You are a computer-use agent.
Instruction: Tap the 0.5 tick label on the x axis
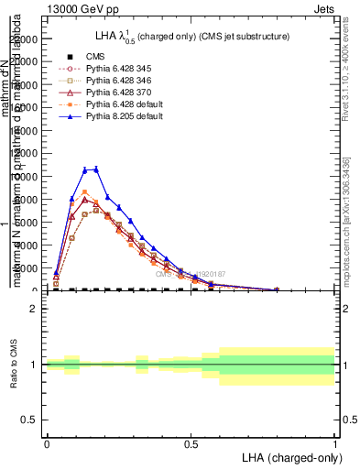pyautogui.click(x=191, y=443)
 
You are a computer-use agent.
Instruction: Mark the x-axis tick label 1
pyautogui.click(x=335, y=443)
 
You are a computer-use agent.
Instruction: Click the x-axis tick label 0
pyautogui.click(x=47, y=443)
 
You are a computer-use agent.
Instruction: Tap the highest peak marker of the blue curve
pyautogui.click(x=96, y=169)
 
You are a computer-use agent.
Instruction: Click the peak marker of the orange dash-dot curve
pyautogui.click(x=85, y=192)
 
